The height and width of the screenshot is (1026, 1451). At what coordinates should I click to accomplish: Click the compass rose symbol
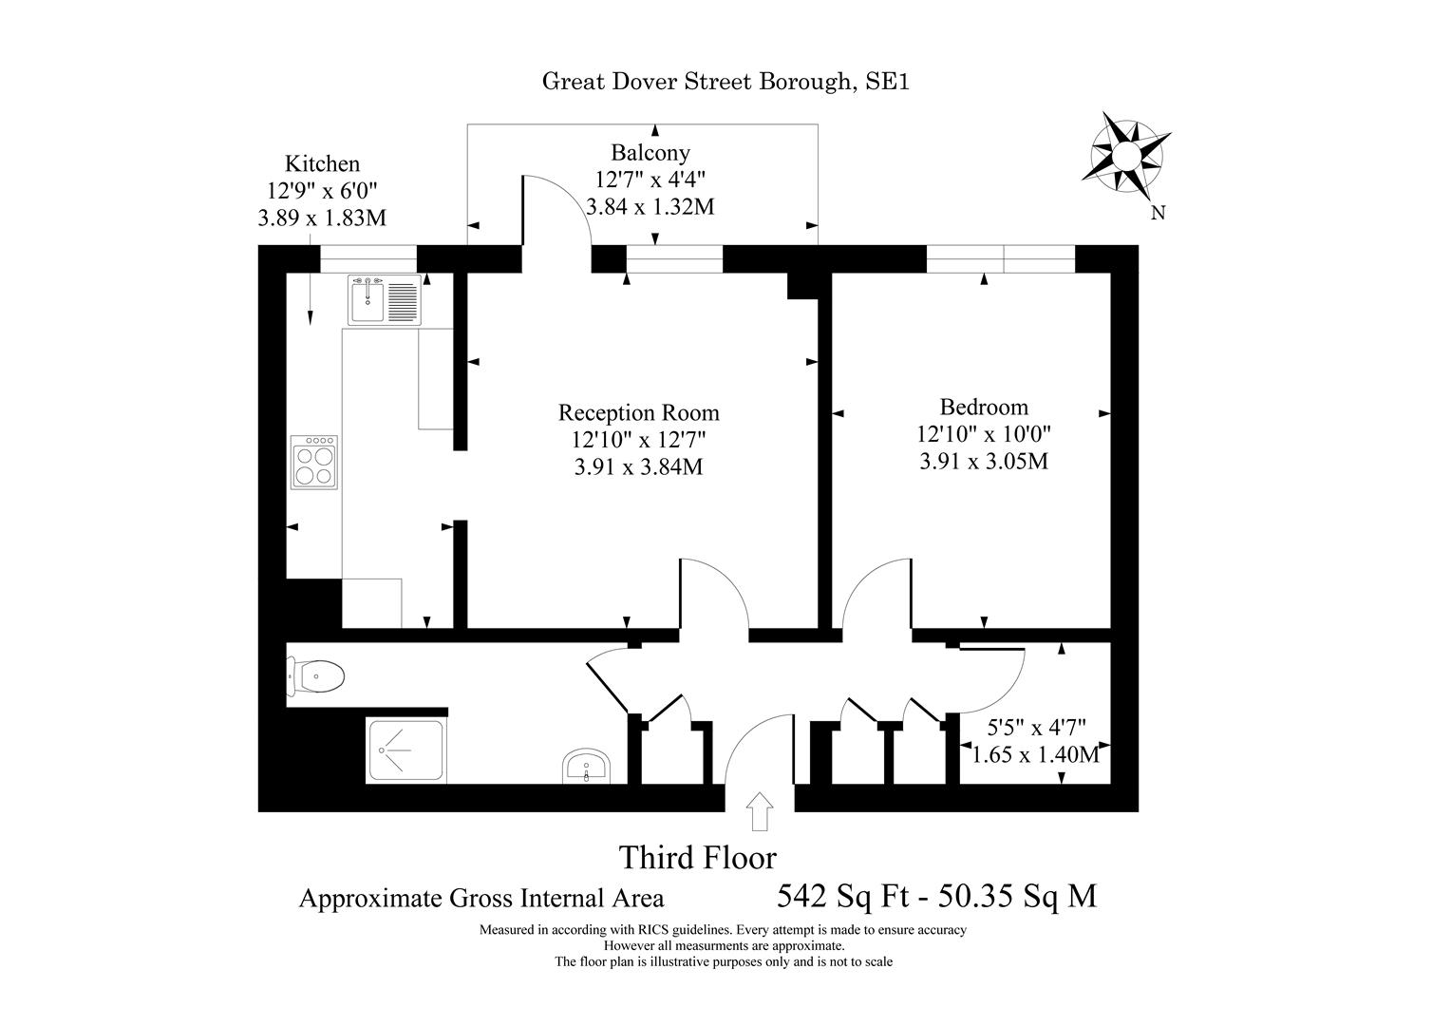pyautogui.click(x=1125, y=154)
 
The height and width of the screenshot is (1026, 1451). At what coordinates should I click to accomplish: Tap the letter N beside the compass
pyautogui.click(x=1158, y=213)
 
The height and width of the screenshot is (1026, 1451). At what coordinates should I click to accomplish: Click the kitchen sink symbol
pyautogui.click(x=385, y=299)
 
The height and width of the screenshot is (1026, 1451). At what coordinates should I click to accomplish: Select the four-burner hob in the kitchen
pyautogui.click(x=314, y=463)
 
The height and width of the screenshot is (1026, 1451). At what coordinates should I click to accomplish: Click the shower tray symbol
pyautogui.click(x=405, y=751)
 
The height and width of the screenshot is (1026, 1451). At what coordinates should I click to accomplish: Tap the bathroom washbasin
pyautogui.click(x=588, y=765)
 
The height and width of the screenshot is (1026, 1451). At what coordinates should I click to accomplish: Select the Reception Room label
pyautogui.click(x=638, y=413)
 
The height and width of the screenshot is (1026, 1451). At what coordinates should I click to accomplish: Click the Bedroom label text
pyautogui.click(x=984, y=408)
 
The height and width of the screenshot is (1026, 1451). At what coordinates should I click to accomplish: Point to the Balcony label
pyautogui.click(x=650, y=152)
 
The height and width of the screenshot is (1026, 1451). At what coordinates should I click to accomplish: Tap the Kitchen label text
pyautogui.click(x=323, y=163)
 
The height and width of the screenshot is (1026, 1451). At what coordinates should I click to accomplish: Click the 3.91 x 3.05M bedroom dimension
pyautogui.click(x=984, y=462)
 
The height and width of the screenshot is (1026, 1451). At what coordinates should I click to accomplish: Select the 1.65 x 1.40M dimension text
pyautogui.click(x=1035, y=755)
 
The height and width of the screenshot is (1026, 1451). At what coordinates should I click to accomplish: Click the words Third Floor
pyautogui.click(x=698, y=858)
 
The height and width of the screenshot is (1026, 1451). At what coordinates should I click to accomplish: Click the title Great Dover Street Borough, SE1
pyautogui.click(x=725, y=82)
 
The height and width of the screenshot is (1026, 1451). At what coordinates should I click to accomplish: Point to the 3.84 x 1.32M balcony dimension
pyautogui.click(x=650, y=206)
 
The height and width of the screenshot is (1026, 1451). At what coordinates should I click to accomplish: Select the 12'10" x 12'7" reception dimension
pyautogui.click(x=638, y=440)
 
